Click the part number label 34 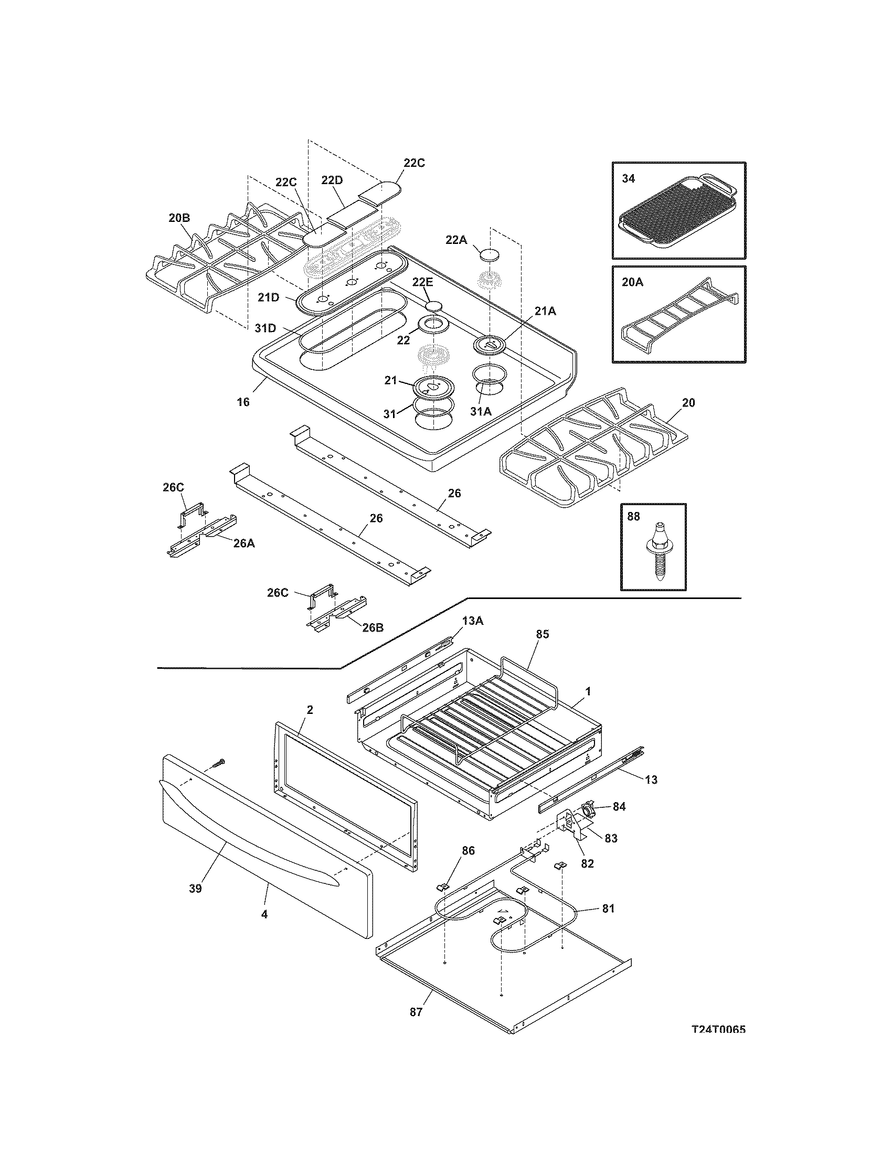tap(628, 178)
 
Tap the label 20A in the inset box tap(633, 282)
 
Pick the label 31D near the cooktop tap(266, 328)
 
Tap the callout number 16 tap(243, 402)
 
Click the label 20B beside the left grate tap(179, 217)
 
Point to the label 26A tap(243, 543)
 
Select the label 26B tap(373, 628)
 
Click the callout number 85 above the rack tap(542, 634)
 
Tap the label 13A tap(473, 622)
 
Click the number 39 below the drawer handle tap(196, 889)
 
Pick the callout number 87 tap(416, 1012)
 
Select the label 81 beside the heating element tap(608, 909)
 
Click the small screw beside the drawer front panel tap(218, 763)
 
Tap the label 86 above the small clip tap(468, 851)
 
